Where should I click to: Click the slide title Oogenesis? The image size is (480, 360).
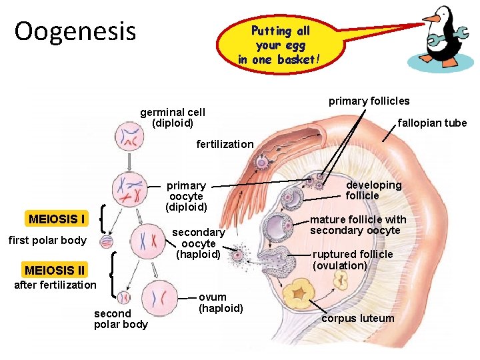point(75,31)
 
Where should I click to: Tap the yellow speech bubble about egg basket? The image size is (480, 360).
point(280,45)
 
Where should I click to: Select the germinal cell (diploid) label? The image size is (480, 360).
point(173,117)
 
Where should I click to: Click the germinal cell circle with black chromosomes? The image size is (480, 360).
point(128,137)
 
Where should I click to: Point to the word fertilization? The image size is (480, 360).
point(225,144)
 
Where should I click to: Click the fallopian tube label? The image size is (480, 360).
point(432,123)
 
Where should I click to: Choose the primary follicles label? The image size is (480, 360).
point(369,101)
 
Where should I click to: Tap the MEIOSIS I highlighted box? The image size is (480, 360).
point(56,219)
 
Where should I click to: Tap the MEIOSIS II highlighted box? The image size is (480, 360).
point(54,270)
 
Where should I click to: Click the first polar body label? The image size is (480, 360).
point(47,240)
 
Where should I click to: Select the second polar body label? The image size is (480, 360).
point(121,319)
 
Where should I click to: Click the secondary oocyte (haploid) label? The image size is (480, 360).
point(199,243)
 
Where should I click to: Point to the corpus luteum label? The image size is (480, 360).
point(358,318)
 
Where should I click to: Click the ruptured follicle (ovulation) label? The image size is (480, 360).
point(353,259)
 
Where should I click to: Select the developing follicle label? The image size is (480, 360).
point(373,190)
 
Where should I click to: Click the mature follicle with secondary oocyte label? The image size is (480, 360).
point(358,225)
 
